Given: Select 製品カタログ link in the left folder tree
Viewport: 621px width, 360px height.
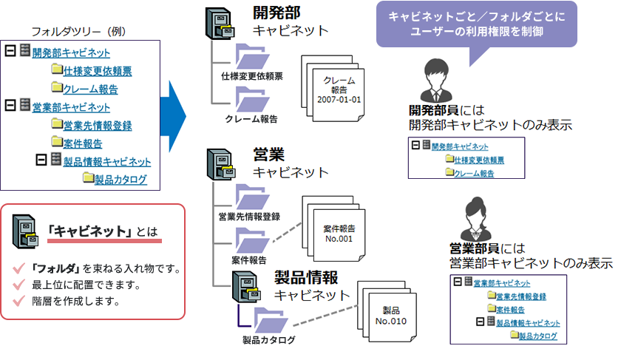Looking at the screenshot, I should (121, 179).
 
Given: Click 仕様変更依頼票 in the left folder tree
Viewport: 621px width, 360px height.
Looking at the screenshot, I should (98, 71).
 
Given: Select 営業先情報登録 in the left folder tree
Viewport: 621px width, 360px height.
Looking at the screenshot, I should (98, 125).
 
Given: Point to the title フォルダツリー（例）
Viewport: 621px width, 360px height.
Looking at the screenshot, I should (82, 32).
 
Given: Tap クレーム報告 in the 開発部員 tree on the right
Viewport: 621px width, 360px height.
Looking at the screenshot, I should (475, 173).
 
